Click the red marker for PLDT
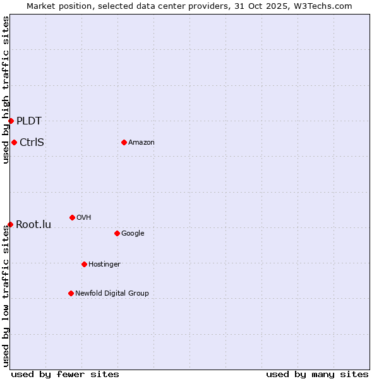pyautogui.click(x=11, y=121)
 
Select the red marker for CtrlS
pyautogui.click(x=14, y=142)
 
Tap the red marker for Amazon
pyautogui.click(x=124, y=142)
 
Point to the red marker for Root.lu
pyautogui.click(x=10, y=224)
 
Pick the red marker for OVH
pyautogui.click(x=72, y=217)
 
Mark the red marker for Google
pyautogui.click(x=117, y=233)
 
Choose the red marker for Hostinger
pyautogui.click(x=84, y=264)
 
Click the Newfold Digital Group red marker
pyautogui.click(x=71, y=293)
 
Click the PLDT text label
pyautogui.click(x=29, y=121)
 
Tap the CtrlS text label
pyautogui.click(x=32, y=142)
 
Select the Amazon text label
pyautogui.click(x=141, y=142)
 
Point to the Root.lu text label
pyautogui.click(x=33, y=224)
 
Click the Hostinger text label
pyautogui.click(x=104, y=264)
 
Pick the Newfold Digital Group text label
pyautogui.click(x=112, y=293)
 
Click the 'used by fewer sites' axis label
pyautogui.click(x=65, y=374)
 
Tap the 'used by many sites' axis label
pyautogui.click(x=317, y=374)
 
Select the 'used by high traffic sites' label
pyautogui.click(x=6, y=90)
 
